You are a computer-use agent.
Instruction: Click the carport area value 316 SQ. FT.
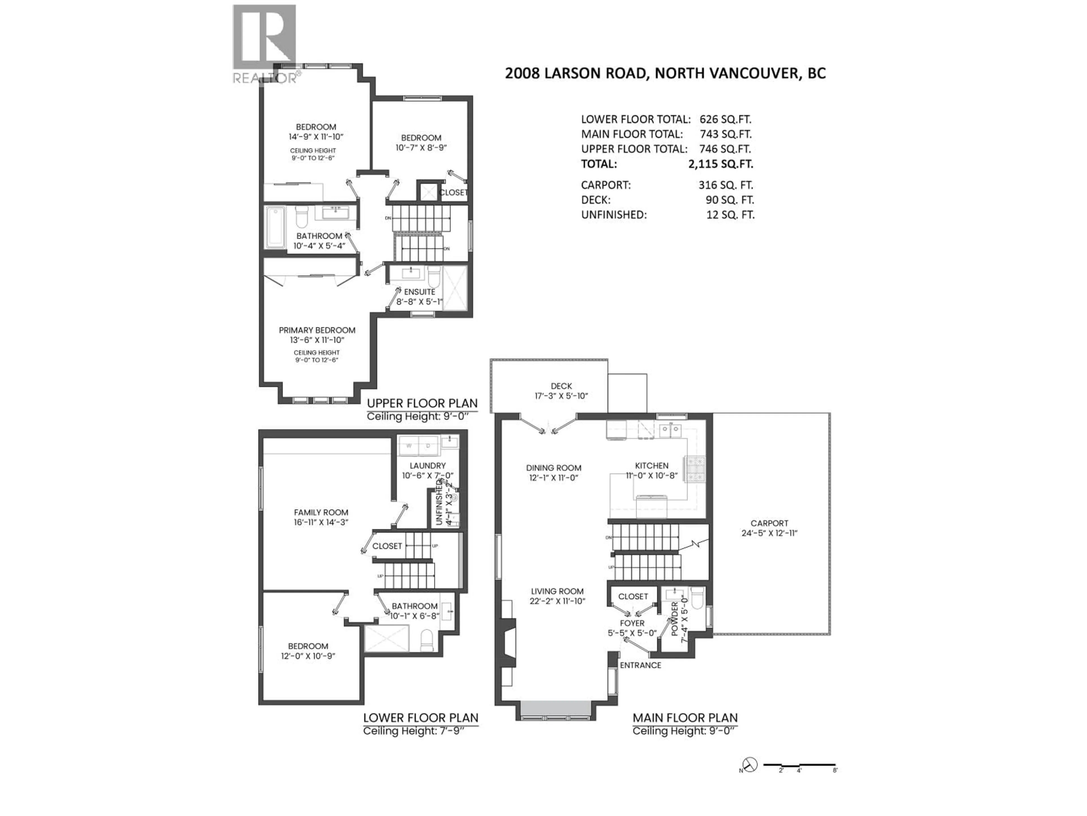pos(725,185)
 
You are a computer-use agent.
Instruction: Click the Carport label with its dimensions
pos(769,528)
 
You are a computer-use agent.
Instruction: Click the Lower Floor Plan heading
pos(420,718)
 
